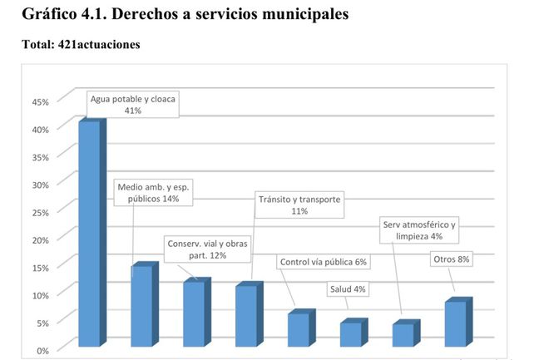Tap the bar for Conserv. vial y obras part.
(x=194, y=313)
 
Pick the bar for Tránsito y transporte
(x=246, y=316)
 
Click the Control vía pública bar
(x=299, y=329)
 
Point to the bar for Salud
(x=350, y=333)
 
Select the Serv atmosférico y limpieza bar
(x=403, y=334)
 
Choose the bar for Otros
(x=455, y=323)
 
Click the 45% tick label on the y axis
(x=40, y=101)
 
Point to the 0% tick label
(x=43, y=349)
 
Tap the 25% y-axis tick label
(x=40, y=211)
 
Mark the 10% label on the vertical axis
(x=40, y=294)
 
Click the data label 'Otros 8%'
(x=452, y=259)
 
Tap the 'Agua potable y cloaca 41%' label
(x=133, y=104)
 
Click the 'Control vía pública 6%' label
(x=323, y=262)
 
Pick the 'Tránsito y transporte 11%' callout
(x=299, y=205)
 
